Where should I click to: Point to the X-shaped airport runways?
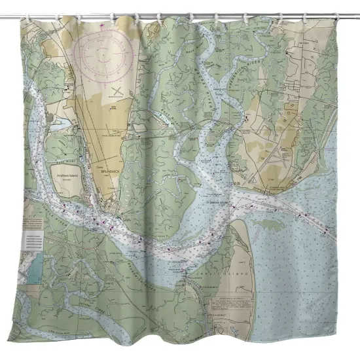pos(118,90)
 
